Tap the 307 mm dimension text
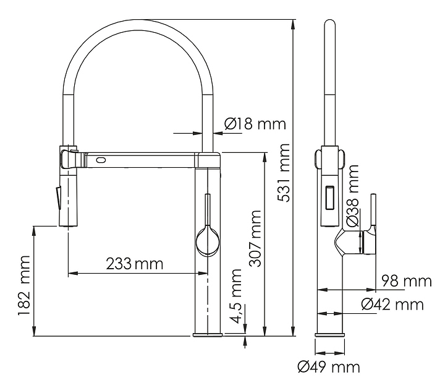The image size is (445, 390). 255,238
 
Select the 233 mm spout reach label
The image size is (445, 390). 135,264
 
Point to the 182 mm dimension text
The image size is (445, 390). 24,285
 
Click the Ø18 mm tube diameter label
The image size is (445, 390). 255,124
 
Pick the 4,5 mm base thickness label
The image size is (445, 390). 236,296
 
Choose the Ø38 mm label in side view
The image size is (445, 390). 352,196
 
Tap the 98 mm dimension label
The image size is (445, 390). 406,281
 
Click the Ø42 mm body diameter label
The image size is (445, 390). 392,304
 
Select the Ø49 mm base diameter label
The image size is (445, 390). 329,367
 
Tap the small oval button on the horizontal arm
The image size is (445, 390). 101,160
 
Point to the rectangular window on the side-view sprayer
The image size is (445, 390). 330,198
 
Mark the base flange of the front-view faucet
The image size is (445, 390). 208,334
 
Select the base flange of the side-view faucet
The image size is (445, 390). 330,334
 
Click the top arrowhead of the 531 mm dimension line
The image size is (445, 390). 292,24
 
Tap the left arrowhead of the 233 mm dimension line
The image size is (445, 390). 73,274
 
